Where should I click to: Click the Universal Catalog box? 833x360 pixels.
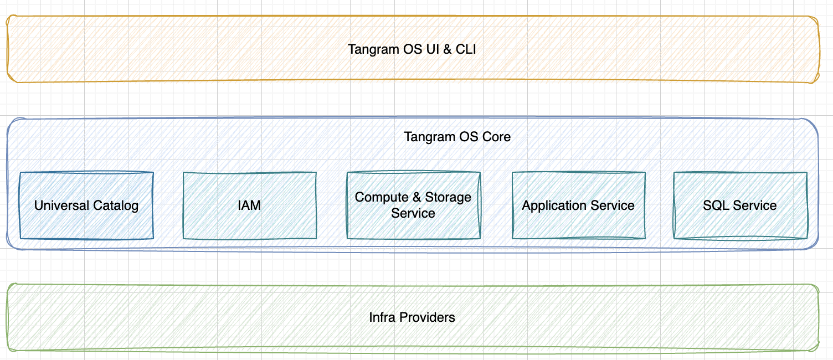[x=86, y=205]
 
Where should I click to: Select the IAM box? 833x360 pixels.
[x=250, y=205]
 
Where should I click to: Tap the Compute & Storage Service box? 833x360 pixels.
[x=414, y=205]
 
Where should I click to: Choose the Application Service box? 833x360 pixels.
[x=579, y=205]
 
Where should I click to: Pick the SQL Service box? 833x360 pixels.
[x=741, y=205]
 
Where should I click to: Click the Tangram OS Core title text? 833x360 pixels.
[x=457, y=137]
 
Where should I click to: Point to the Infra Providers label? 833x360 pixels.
[x=412, y=317]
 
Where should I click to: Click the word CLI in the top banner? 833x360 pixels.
[x=466, y=49]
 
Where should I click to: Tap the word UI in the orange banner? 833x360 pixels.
[x=432, y=49]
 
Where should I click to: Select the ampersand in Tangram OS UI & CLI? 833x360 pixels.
[x=447, y=49]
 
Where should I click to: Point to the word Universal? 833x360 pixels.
[x=61, y=205]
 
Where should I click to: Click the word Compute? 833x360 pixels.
[x=382, y=197]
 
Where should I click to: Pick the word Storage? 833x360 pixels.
[x=448, y=197]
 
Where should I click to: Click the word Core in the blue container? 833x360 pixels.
[x=496, y=137]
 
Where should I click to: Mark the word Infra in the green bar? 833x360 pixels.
[x=382, y=317]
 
